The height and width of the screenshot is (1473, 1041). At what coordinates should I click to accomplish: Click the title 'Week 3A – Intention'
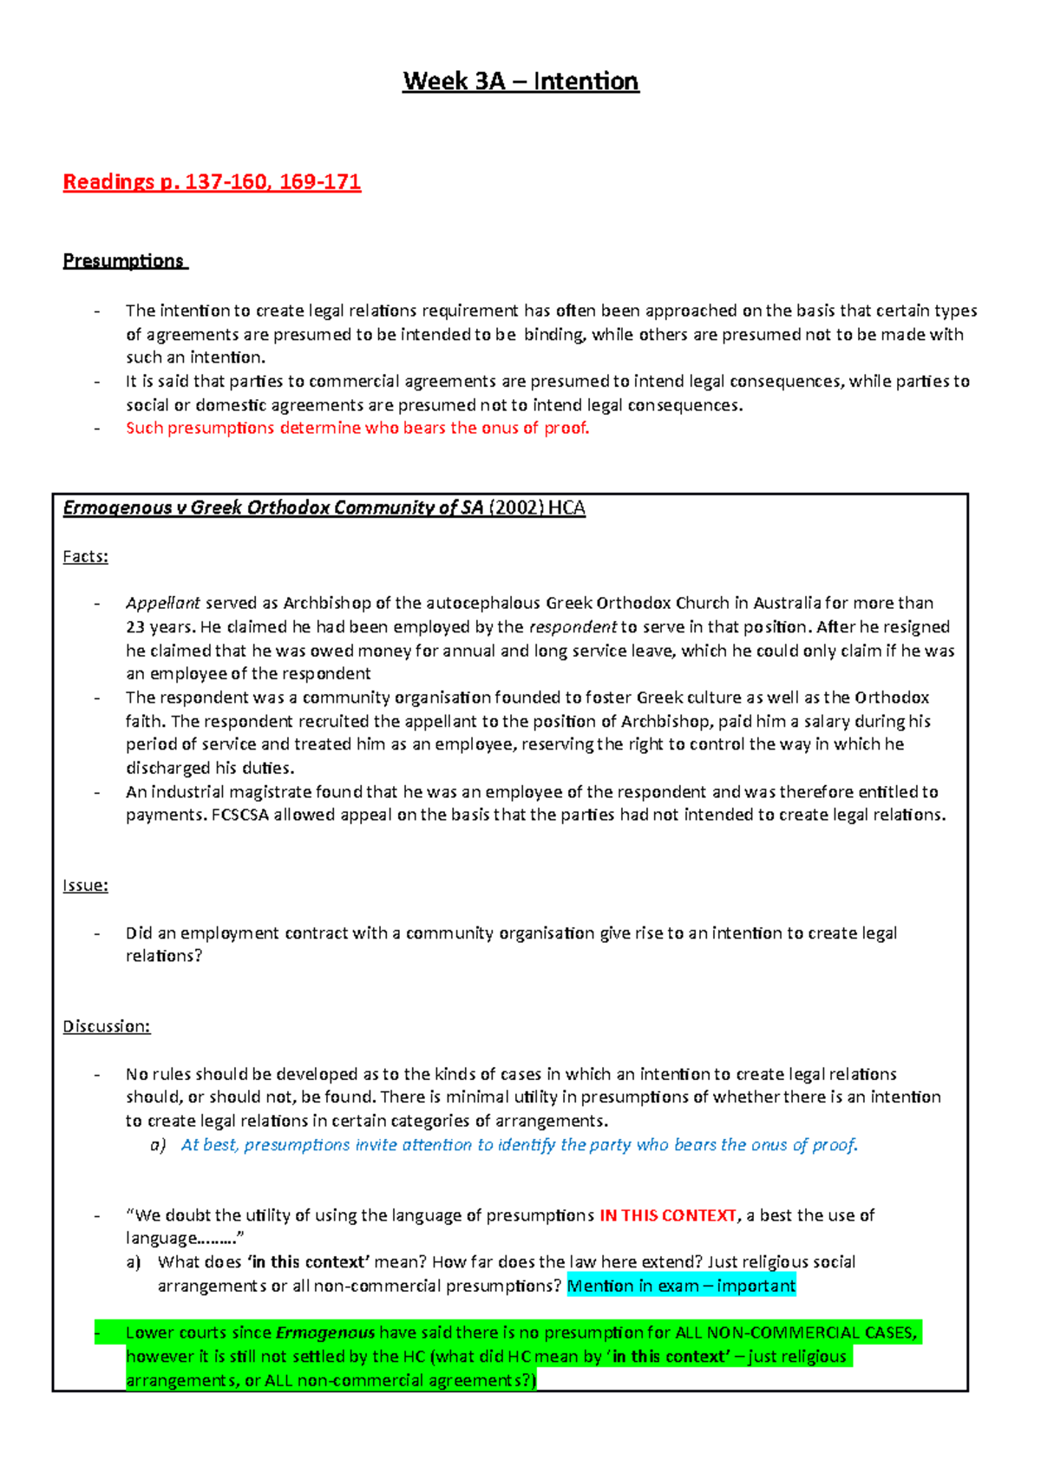[x=520, y=82]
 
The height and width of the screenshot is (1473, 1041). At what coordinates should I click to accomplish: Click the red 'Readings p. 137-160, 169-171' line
[x=212, y=181]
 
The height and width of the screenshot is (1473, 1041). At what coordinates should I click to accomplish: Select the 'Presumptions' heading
[x=123, y=261]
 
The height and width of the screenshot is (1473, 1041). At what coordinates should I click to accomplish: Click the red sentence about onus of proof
[x=357, y=428]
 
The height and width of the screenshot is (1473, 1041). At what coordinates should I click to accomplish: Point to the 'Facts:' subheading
[x=85, y=557]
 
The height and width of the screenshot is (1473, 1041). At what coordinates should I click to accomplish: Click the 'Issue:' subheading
[x=85, y=886]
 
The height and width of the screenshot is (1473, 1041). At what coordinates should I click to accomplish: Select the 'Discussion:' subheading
[x=106, y=1026]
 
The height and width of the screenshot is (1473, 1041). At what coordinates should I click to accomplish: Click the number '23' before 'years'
[x=135, y=627]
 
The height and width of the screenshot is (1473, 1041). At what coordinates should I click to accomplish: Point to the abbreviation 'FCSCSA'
[x=240, y=815]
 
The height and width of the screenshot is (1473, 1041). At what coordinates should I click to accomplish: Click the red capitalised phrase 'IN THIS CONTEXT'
[x=667, y=1215]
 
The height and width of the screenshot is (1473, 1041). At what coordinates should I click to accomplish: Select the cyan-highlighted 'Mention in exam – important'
[x=681, y=1286]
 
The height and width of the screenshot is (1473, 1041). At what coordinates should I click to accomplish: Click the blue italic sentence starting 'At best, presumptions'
[x=519, y=1145]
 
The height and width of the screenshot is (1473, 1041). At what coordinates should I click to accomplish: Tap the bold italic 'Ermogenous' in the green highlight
[x=325, y=1332]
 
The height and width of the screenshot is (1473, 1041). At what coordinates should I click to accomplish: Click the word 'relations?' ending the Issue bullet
[x=164, y=956]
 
